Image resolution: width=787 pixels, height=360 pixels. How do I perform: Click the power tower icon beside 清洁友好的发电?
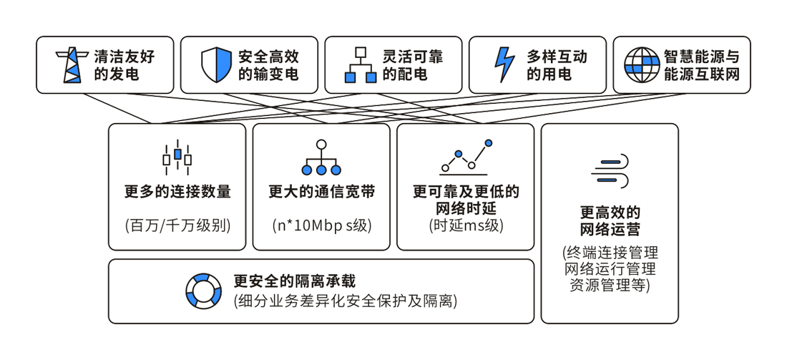(72, 65)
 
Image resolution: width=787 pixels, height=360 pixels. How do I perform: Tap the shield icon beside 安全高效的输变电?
(216, 65)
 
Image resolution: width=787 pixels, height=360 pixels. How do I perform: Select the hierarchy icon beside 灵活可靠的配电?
(361, 65)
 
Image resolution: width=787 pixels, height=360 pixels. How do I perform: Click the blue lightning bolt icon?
(504, 65)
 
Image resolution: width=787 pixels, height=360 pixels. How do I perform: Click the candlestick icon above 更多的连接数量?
(177, 157)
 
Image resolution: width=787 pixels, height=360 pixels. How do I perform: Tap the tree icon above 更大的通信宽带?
(321, 157)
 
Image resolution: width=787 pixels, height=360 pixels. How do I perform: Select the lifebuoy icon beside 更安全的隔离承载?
(204, 291)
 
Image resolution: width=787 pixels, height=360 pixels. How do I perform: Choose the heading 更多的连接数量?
(177, 192)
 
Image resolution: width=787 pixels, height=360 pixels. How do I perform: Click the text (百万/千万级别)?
(177, 225)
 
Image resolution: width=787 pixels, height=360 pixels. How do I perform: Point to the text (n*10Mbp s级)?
(321, 225)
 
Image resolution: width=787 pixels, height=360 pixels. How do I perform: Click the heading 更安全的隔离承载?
(294, 281)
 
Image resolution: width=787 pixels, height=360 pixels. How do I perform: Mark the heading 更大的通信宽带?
(321, 192)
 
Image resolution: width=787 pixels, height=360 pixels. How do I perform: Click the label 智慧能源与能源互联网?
(700, 65)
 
